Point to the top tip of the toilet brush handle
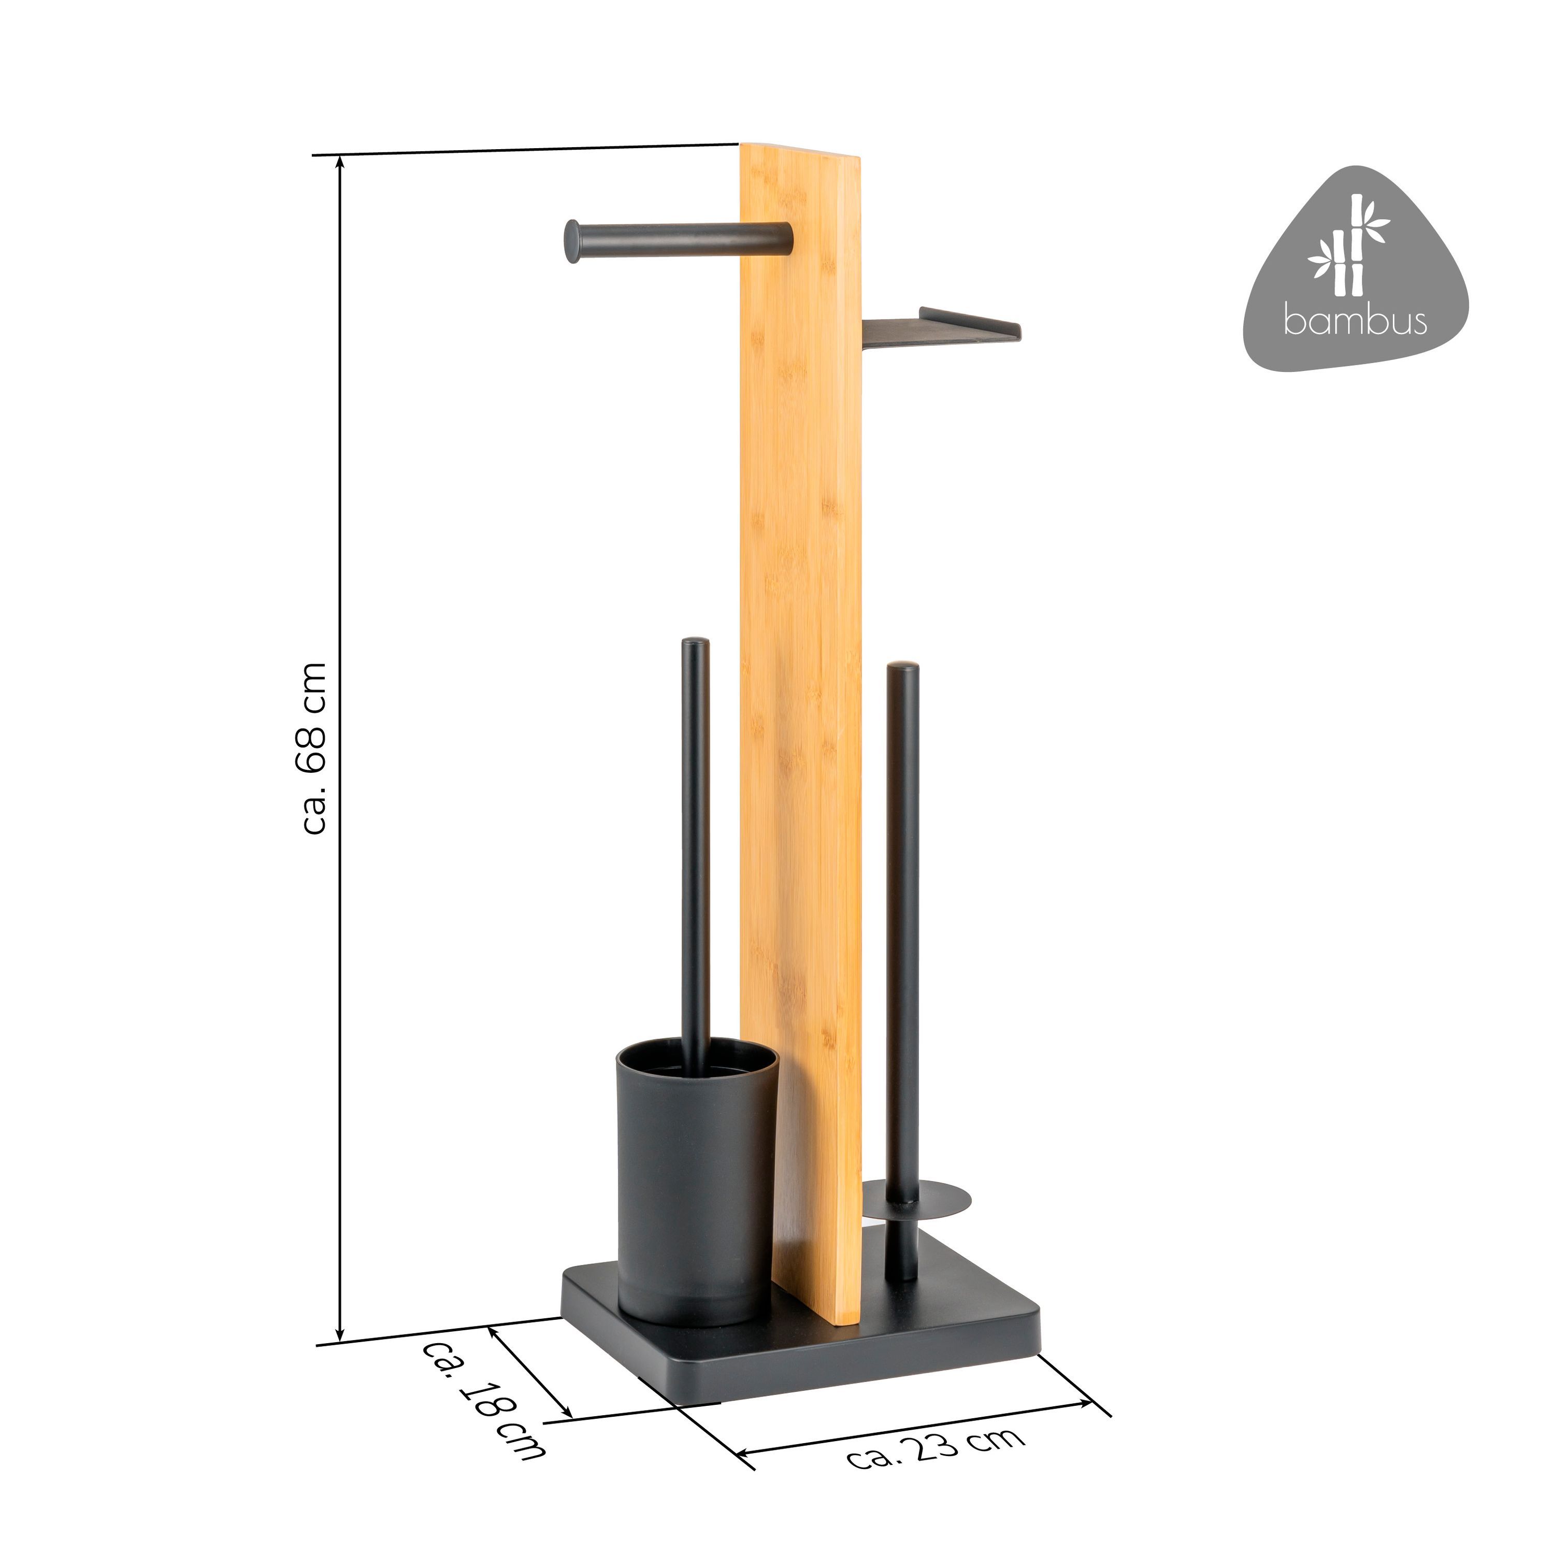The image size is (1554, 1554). click(695, 642)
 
